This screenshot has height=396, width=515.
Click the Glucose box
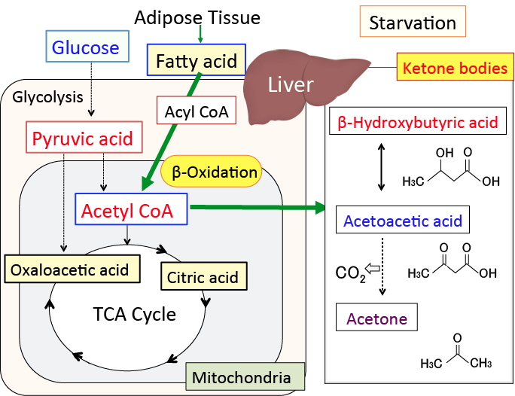point(86,48)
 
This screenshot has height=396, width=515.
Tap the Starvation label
point(413,23)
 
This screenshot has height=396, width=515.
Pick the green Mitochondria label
point(244,377)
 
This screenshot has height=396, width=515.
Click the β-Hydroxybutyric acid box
point(419,122)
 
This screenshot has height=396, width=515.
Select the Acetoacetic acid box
point(402,221)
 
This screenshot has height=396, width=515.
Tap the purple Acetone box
point(376,318)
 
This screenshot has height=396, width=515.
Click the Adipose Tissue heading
point(199,17)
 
